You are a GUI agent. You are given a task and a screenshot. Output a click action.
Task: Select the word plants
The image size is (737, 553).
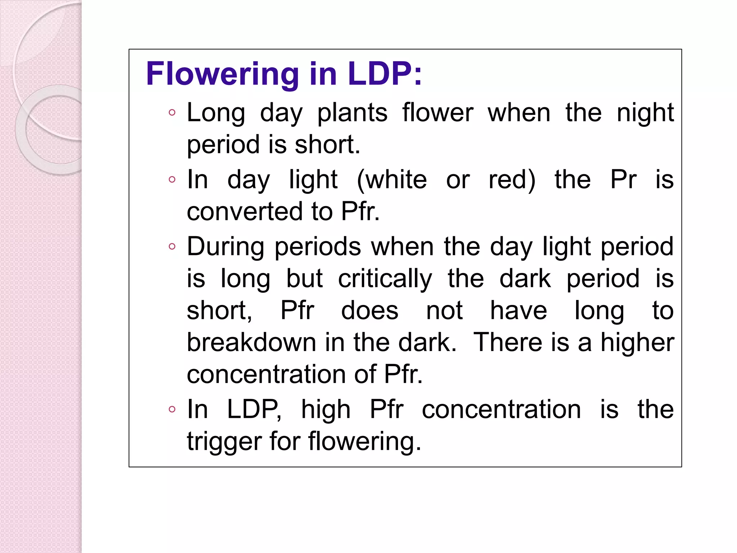pos(352,113)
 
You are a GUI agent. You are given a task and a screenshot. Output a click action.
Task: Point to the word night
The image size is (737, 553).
pos(645,113)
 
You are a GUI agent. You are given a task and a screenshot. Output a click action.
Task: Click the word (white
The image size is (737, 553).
pos(392,180)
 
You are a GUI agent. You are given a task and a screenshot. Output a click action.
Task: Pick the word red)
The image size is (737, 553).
pos(512,180)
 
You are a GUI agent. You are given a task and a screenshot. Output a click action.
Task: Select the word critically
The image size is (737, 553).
pos(385,279)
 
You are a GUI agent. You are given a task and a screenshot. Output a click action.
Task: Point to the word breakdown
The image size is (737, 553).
pos(251,342)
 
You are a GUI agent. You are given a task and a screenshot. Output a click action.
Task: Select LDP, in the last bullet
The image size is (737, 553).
pos(254,410)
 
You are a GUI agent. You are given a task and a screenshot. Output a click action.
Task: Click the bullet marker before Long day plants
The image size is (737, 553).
pos(172,113)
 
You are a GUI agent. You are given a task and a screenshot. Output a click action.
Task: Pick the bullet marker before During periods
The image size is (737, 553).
pos(172,247)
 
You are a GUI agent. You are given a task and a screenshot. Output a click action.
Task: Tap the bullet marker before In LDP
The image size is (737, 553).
pos(172,409)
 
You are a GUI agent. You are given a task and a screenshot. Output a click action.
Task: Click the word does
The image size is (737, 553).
pos(370,311)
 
